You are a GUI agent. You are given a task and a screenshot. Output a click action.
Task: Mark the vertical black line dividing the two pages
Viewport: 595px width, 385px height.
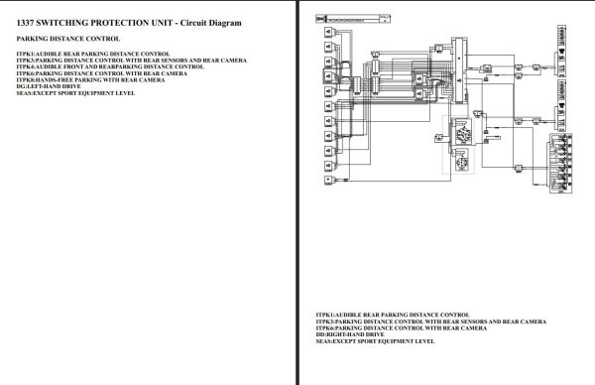298,192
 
